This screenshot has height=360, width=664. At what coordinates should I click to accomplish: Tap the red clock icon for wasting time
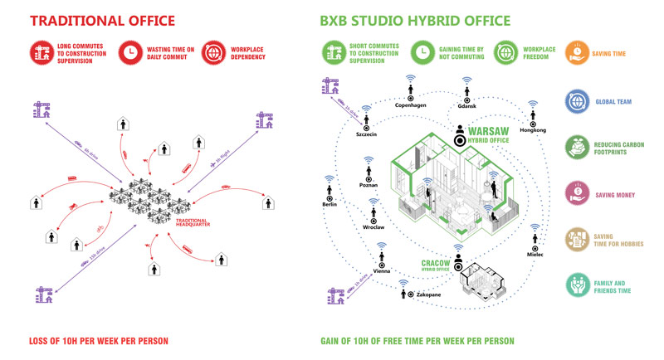pyautogui.click(x=131, y=53)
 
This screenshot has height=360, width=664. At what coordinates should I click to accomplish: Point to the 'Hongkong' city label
pyautogui.click(x=532, y=130)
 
